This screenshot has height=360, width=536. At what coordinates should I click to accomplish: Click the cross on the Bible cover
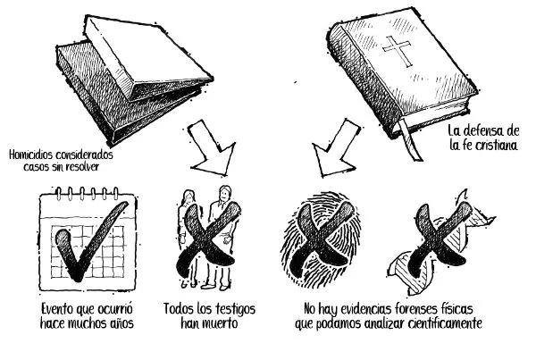point(397,51)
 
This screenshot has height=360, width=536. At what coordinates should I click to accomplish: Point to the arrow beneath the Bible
point(337,147)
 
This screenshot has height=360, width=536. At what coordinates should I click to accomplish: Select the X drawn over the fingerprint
point(322,239)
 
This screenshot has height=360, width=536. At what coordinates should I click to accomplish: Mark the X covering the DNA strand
point(440,239)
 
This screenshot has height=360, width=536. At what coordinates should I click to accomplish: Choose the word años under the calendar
point(122,323)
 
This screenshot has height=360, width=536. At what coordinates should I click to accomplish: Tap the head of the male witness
point(224,194)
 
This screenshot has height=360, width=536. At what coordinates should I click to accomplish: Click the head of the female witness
point(189,197)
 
